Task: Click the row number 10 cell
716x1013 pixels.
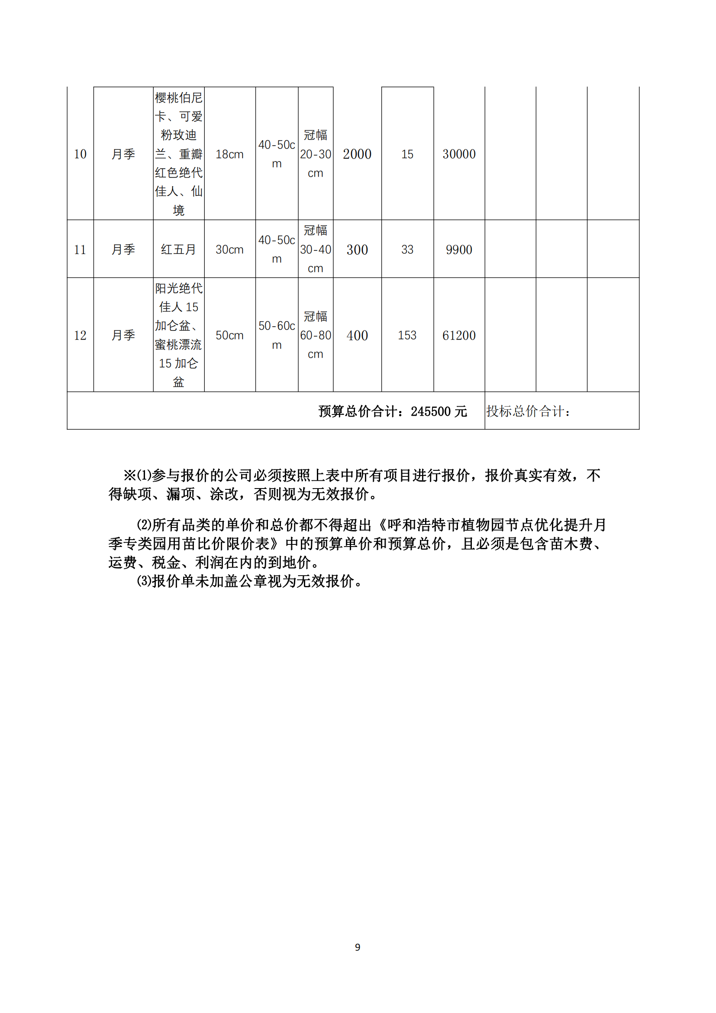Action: point(80,154)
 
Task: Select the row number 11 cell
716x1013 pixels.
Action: point(80,250)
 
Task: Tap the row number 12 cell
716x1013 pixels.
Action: point(80,335)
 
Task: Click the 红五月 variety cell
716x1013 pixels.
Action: point(178,250)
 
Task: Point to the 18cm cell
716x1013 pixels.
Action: point(229,155)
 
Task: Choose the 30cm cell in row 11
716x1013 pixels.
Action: point(229,250)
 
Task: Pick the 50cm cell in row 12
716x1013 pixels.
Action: point(229,335)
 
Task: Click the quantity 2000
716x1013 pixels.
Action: point(357,154)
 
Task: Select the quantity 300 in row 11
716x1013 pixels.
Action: point(357,250)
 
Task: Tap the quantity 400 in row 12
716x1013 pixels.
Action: point(357,335)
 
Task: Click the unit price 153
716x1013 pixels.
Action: point(407,335)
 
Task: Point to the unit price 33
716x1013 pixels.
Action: point(407,250)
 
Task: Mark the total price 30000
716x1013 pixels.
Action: point(459,154)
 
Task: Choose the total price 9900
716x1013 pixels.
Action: point(459,250)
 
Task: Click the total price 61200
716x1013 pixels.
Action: point(459,335)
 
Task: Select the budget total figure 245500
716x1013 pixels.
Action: point(431,411)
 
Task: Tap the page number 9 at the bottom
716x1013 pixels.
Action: point(358,947)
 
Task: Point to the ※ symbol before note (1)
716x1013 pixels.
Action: point(129,476)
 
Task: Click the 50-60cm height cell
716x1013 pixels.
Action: point(277,335)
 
